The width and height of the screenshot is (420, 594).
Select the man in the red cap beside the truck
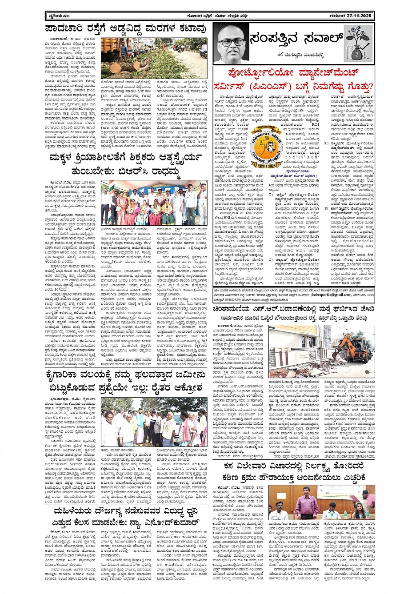[x=124, y=49]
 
